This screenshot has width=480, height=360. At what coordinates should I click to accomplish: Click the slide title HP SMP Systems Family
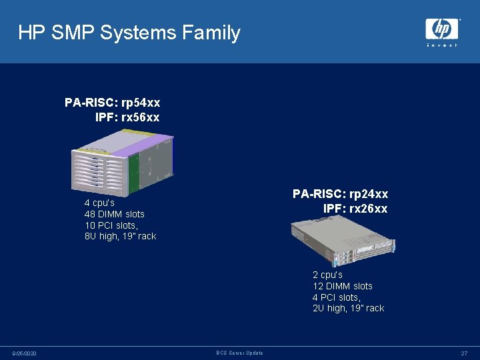pos(129,33)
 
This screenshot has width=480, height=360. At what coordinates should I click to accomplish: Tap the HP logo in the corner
pos(442,29)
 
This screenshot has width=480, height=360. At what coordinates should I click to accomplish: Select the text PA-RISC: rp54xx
pos(112,103)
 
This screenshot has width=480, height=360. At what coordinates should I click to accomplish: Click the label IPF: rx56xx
pos(127,117)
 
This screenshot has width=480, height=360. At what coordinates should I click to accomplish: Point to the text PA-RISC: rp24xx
pos(340,194)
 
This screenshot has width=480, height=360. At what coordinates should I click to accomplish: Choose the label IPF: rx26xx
pos(355,209)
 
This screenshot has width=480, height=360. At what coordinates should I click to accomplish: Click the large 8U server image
pos(123,162)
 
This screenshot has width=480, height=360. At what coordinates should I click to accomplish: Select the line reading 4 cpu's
pos(99,203)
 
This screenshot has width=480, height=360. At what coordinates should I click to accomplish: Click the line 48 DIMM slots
pos(114,214)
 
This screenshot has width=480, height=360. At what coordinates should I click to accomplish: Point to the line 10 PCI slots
pos(110,225)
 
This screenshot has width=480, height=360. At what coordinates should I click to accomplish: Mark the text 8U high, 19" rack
pos(120,237)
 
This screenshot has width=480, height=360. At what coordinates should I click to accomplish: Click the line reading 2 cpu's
pos(327,275)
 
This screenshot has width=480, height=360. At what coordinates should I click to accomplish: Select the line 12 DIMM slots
pos(342,286)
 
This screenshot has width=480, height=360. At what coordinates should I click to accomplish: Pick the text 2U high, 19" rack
pos(348,308)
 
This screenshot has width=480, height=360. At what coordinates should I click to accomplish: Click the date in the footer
pos(25,353)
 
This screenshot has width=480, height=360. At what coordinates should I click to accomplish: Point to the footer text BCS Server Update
pos(240,353)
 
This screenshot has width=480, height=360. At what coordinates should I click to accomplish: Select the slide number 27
pos(464,353)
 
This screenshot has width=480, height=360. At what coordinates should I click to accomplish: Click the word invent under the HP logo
pos(442,45)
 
